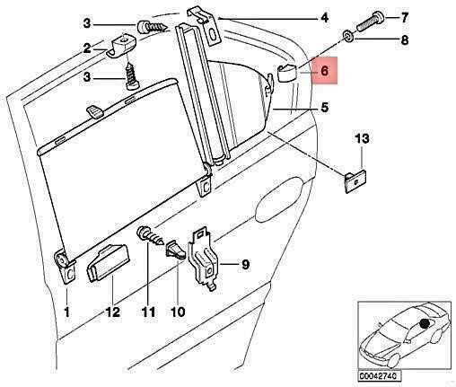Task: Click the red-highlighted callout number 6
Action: [x=324, y=71]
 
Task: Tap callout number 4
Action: [x=324, y=18]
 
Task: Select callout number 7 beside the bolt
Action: [x=404, y=18]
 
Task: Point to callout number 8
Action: [x=404, y=40]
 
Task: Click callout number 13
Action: [x=363, y=139]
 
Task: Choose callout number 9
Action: [x=245, y=265]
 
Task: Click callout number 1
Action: [x=67, y=312]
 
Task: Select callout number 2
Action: [x=87, y=48]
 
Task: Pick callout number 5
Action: [x=325, y=108]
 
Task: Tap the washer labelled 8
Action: [x=348, y=36]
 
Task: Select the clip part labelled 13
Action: [x=355, y=181]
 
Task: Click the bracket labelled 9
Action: [x=204, y=259]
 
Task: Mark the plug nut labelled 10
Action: [x=176, y=249]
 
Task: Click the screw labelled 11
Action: [x=150, y=235]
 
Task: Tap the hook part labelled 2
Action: [x=120, y=46]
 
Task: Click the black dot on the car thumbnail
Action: [x=424, y=323]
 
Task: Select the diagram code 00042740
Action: [x=379, y=376]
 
